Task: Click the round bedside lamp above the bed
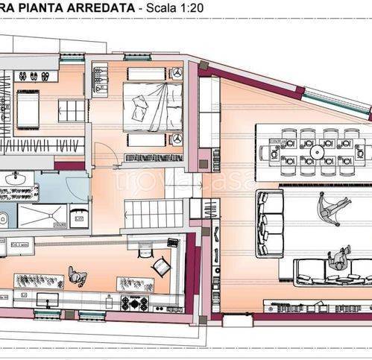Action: [x=177, y=73]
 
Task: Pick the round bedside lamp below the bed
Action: [x=177, y=139]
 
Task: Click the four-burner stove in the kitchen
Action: [x=134, y=303]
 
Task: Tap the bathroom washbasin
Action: [x=14, y=179]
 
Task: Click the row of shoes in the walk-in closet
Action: [x=33, y=76]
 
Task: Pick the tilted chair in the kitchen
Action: [x=160, y=266]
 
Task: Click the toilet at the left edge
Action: [x=3, y=218]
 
